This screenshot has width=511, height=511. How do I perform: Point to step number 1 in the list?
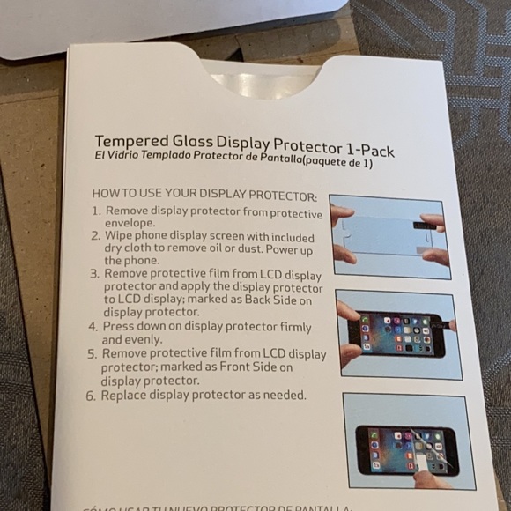[96, 211]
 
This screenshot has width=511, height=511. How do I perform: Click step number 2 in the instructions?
[96, 237]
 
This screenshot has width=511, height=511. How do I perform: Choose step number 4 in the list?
[93, 326]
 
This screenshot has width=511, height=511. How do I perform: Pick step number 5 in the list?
[93, 354]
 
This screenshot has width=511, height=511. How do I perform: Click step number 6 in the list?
[91, 396]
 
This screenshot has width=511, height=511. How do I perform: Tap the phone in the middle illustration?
[396, 334]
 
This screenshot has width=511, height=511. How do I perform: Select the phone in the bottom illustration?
[406, 448]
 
